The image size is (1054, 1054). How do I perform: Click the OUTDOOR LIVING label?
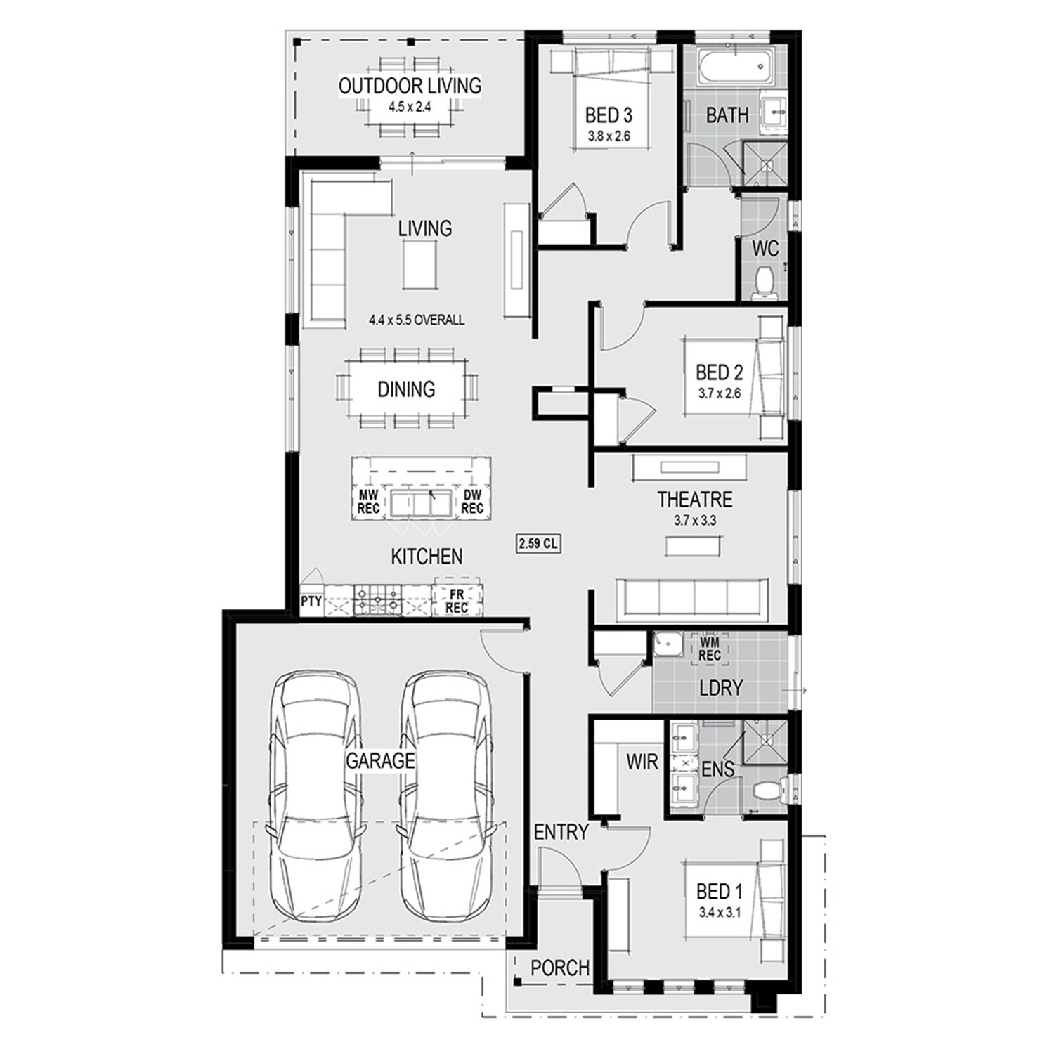[x=410, y=86]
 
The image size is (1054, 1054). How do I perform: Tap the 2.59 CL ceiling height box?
[x=539, y=543]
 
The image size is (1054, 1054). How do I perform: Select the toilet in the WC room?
[x=762, y=283]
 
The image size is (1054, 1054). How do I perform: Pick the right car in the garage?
[x=444, y=795]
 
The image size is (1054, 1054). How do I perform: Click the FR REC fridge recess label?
[x=457, y=601]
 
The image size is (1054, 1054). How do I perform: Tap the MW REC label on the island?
[x=369, y=502]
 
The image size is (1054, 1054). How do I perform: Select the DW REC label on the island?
[x=473, y=502]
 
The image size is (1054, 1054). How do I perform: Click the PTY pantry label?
[x=311, y=601]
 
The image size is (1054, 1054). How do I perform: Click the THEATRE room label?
[x=695, y=500]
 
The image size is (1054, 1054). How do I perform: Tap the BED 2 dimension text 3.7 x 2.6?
[x=720, y=393]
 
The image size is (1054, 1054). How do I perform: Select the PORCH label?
[x=560, y=968]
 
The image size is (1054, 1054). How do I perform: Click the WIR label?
[x=642, y=761]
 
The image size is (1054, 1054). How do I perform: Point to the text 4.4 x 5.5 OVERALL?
[x=417, y=320]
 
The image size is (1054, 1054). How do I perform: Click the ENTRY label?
[x=561, y=833]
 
